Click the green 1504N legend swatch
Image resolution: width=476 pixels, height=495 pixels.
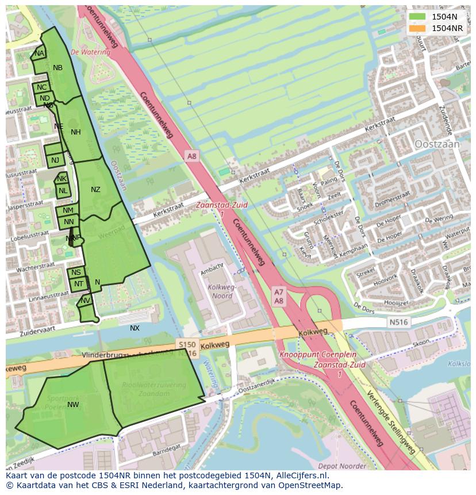(417, 17)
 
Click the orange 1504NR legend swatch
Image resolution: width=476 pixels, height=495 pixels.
(417, 28)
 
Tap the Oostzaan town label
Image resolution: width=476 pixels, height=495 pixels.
(437, 144)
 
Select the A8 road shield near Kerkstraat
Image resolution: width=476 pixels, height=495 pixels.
(191, 156)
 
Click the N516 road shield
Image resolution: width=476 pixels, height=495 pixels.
(397, 322)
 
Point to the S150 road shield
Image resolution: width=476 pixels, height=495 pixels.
(187, 344)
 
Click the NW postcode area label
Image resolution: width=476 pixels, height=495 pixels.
(73, 405)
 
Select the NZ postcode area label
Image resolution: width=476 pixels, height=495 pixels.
(95, 190)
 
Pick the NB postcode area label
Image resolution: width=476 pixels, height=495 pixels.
(57, 68)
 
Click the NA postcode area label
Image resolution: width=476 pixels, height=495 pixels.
(39, 53)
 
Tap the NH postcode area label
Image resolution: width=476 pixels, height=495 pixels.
(75, 132)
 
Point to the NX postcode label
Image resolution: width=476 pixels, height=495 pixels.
(135, 328)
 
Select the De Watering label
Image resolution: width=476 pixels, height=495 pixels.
(90, 52)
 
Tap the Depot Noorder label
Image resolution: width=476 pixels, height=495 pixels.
(342, 466)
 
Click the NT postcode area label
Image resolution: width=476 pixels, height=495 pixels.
(79, 283)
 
